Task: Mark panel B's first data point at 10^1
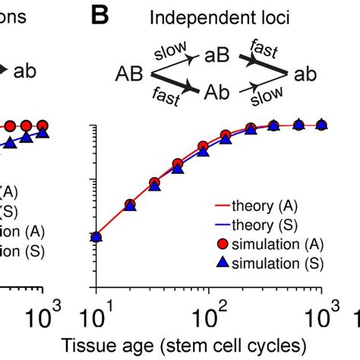96,237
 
